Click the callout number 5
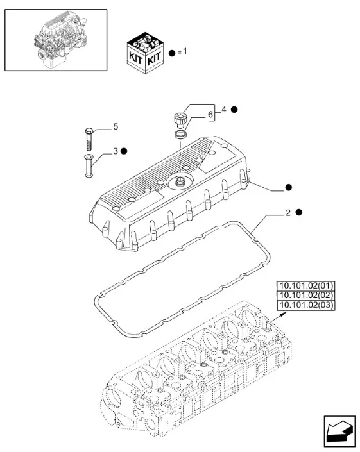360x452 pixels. click(x=116, y=126)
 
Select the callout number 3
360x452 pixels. click(x=116, y=151)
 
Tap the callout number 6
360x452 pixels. click(x=210, y=114)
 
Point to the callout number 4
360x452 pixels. click(x=224, y=109)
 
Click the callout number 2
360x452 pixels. click(x=288, y=213)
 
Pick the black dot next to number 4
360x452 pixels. click(x=234, y=110)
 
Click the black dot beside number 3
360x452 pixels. click(x=124, y=151)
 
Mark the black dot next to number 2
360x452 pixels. click(x=299, y=212)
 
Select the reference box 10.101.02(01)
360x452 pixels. click(x=306, y=286)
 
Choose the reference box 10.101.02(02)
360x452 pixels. click(x=306, y=296)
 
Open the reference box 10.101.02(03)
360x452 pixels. click(x=306, y=305)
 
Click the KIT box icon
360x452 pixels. click(x=146, y=53)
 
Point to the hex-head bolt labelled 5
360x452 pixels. click(x=89, y=138)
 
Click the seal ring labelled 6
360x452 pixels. click(x=180, y=135)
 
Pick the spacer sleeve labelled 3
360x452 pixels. click(x=89, y=166)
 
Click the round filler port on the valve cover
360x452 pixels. click(x=179, y=182)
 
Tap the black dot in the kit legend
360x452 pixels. click(x=172, y=53)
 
